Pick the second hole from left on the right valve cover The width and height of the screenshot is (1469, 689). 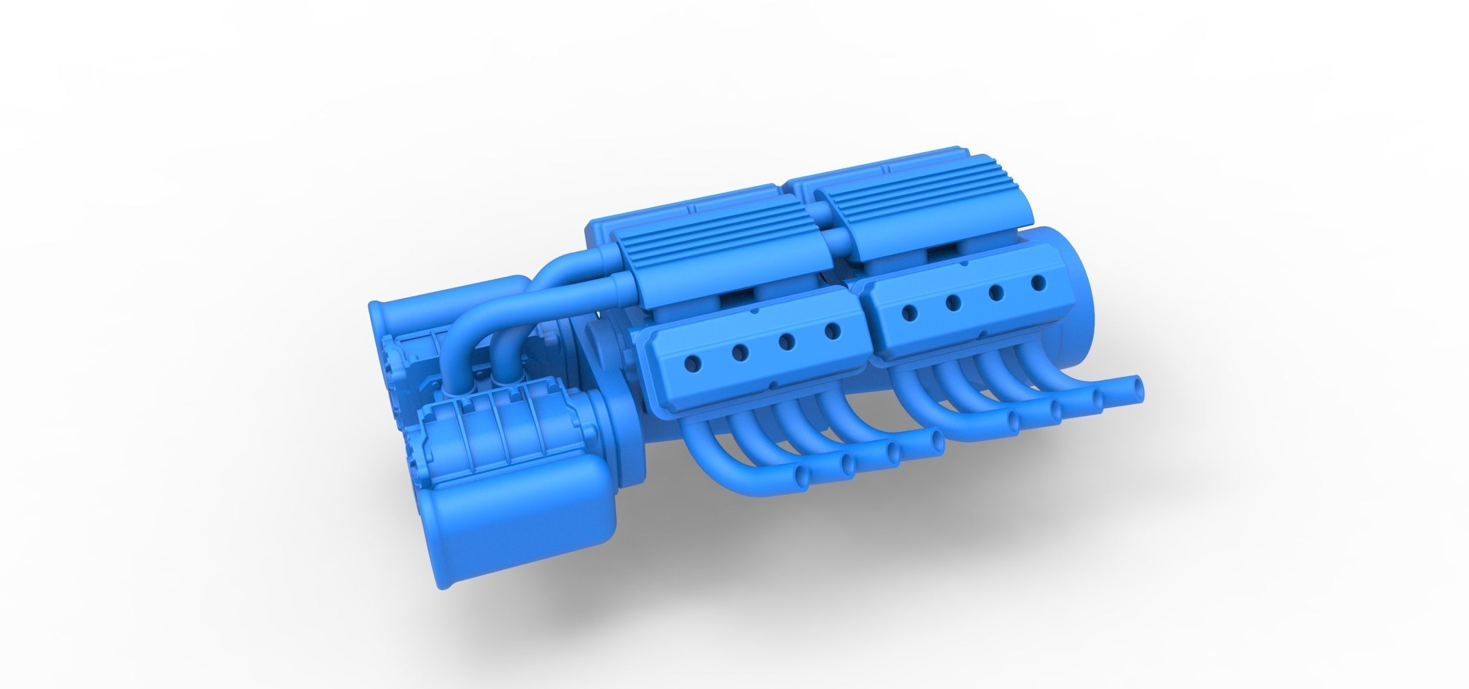coord(952,303)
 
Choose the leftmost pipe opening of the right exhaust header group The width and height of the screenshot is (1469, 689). coord(1014,419)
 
